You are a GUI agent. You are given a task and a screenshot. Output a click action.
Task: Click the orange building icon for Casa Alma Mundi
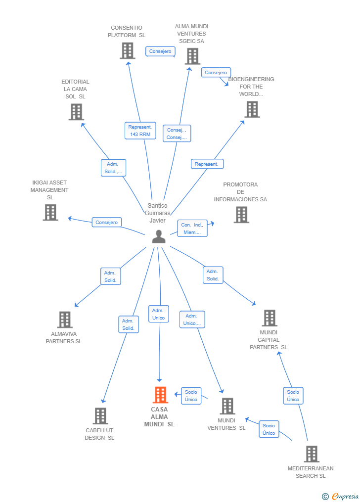click(x=160, y=395)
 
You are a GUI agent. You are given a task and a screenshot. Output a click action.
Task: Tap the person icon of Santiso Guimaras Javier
click(x=159, y=236)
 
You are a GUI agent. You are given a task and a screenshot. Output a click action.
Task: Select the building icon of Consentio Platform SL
click(x=128, y=50)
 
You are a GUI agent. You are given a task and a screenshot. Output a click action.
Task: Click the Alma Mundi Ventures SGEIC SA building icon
click(x=193, y=56)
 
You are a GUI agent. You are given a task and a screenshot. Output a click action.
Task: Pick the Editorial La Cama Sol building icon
click(x=77, y=112)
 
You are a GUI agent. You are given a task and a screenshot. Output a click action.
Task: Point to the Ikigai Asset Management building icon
click(x=50, y=212)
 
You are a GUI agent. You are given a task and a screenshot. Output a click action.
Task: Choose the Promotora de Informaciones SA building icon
click(x=242, y=214)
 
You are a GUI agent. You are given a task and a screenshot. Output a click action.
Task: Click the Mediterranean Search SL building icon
click(x=312, y=454)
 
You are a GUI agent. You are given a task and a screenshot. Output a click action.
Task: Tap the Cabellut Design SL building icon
click(x=100, y=415)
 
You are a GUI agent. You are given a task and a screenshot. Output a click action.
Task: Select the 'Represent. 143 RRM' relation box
click(x=140, y=131)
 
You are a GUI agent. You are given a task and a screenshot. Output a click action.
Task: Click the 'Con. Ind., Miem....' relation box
click(x=192, y=228)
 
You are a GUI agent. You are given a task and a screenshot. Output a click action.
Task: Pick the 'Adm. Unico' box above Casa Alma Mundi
click(x=158, y=314)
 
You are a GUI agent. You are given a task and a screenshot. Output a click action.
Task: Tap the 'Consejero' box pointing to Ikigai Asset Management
click(x=106, y=222)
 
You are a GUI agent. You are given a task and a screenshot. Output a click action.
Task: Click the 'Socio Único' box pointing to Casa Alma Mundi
click(x=191, y=396)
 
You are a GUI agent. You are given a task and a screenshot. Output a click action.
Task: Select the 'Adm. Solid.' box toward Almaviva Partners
click(x=110, y=276)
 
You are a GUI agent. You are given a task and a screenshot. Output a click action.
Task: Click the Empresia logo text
click(x=345, y=496)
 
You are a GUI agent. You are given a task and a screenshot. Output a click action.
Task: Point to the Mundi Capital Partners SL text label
click(x=269, y=340)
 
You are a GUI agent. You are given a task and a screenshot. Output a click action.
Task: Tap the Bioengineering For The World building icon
click(x=252, y=109)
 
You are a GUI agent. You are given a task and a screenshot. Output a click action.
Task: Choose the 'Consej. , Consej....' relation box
click(x=177, y=134)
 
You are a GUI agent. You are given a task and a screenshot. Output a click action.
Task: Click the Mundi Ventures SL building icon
click(x=227, y=406)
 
